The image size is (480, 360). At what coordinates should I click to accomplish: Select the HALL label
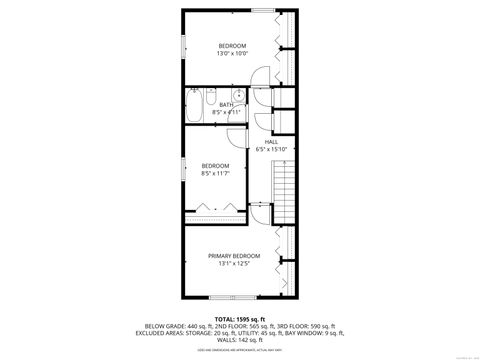[x=271, y=141]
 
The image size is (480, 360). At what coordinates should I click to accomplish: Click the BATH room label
[x=226, y=104]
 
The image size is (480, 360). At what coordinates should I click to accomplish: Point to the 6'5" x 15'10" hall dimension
[x=271, y=149]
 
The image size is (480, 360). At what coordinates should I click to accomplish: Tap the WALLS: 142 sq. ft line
[x=239, y=339]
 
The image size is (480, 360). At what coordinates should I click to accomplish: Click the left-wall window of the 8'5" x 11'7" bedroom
[x=183, y=167]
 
